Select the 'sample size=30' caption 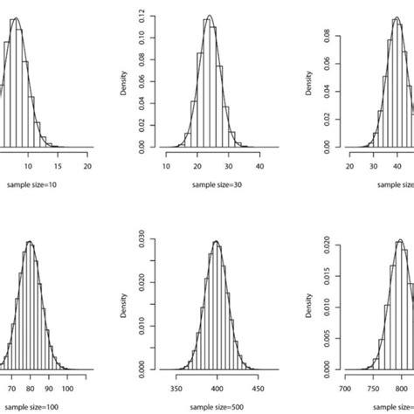210,185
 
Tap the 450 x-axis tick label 259,384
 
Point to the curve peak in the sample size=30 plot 209,16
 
